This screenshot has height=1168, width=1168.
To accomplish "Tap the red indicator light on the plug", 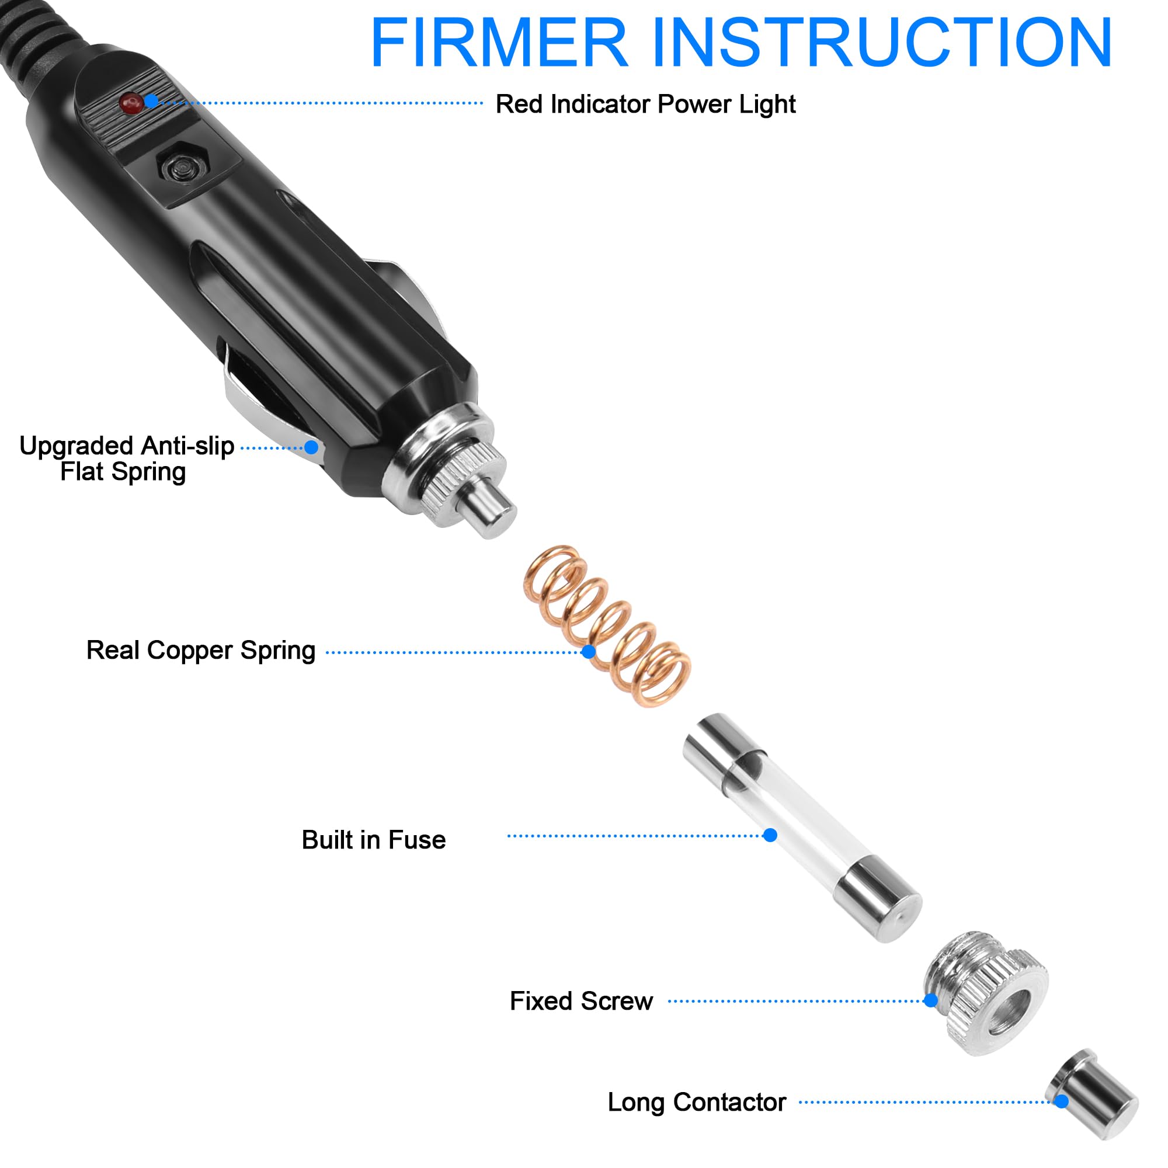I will click(x=131, y=103).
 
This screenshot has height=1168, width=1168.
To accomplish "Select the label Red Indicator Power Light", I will click(x=645, y=104).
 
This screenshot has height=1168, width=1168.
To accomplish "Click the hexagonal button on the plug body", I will click(x=182, y=164).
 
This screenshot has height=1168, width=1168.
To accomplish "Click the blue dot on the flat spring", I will click(x=311, y=447).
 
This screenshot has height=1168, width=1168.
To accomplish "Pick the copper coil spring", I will click(x=607, y=625).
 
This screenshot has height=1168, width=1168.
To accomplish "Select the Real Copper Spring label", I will click(x=201, y=651).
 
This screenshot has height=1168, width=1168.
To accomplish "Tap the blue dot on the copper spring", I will click(x=588, y=652).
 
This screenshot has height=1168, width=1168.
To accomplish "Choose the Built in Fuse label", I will click(x=374, y=840).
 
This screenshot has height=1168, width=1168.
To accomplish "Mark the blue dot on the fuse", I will click(x=770, y=836).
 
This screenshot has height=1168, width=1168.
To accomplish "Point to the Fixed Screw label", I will click(x=581, y=1001).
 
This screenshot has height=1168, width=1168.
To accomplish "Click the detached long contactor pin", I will click(x=1094, y=1094).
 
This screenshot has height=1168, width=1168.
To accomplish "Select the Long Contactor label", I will click(x=697, y=1103).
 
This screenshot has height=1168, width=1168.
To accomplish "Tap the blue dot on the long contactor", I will click(x=1062, y=1101).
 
